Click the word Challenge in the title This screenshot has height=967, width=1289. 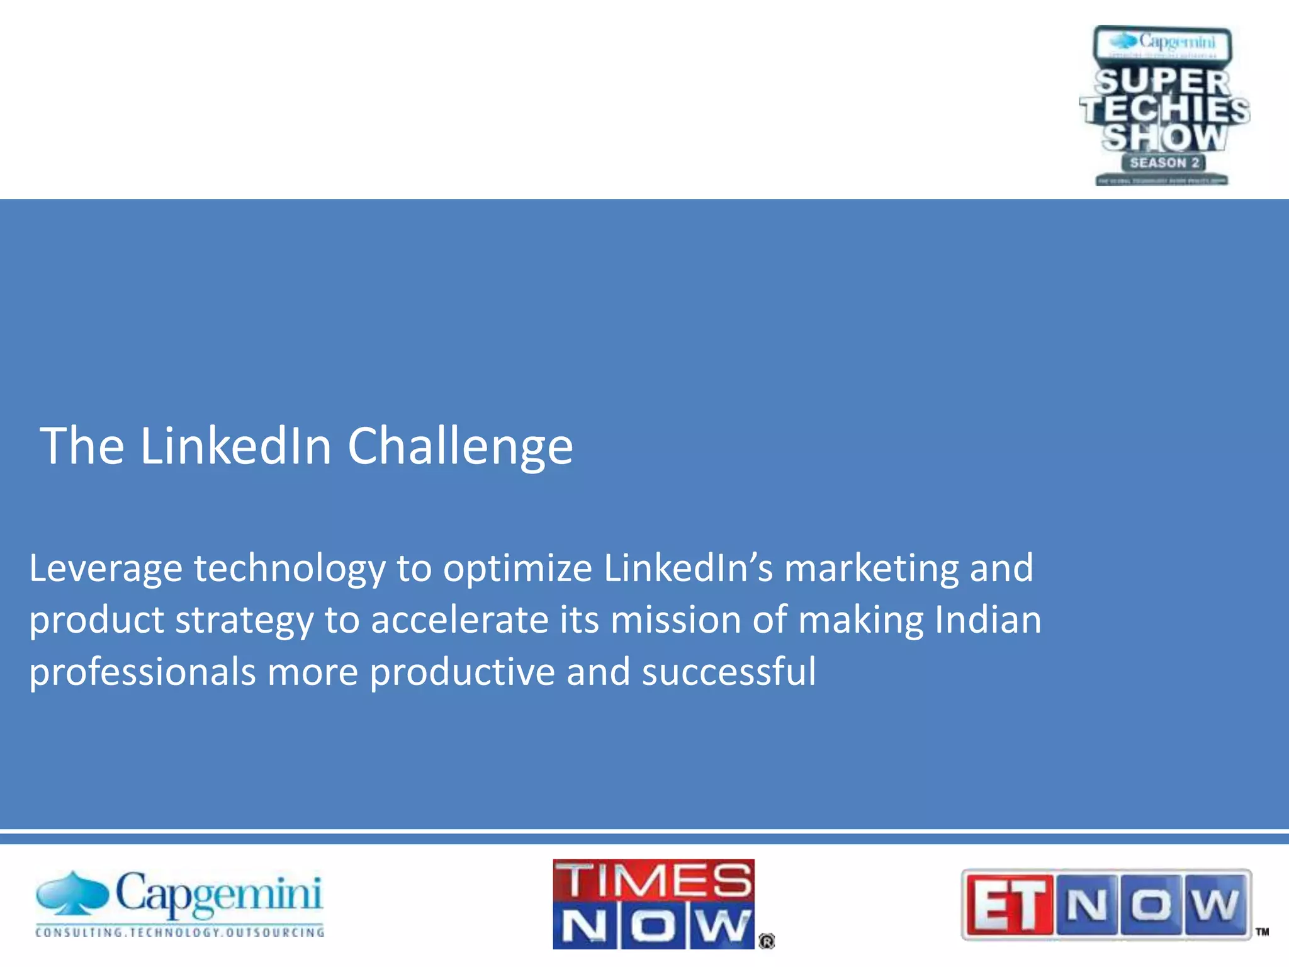coord(460,446)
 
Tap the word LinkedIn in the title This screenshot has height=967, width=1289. coord(235,446)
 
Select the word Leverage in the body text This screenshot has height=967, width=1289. coord(106,568)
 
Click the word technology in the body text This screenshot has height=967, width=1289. coord(289,568)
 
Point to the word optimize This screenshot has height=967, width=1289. coord(517,568)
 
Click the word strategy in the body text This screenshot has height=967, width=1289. coord(244,621)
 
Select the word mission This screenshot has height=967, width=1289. coord(676,621)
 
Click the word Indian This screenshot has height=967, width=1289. coord(988,621)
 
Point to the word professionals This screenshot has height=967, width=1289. coord(142,672)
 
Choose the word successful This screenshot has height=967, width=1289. coord(729,672)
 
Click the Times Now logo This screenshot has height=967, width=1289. coord(654,903)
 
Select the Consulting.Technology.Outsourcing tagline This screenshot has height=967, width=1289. coord(180,932)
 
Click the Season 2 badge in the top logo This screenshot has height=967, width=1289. coord(1164,162)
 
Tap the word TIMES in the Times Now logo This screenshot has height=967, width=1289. coord(654,880)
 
